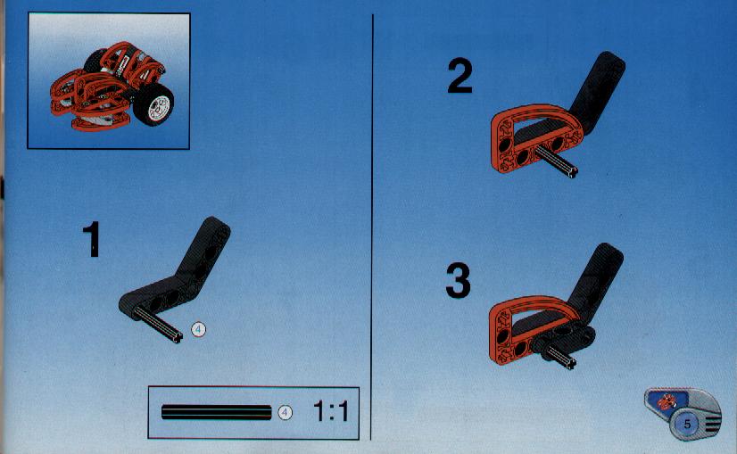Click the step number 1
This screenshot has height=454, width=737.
92,239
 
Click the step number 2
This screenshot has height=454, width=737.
460,76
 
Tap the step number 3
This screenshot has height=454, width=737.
458,281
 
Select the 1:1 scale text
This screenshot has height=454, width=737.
331,411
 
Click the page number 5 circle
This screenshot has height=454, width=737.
687,425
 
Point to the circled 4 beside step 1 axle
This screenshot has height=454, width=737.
198,330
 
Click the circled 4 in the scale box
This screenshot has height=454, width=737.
285,413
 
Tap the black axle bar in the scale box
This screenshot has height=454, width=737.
216,412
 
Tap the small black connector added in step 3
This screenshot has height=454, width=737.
563,339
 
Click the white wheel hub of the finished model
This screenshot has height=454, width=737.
160,108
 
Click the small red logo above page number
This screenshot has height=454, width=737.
667,402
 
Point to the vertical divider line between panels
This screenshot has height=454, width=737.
372,227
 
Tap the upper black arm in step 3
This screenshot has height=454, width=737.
596,281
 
